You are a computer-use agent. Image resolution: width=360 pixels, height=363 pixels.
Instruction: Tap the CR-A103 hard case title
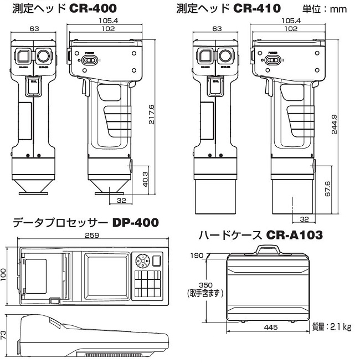(x=294, y=236)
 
